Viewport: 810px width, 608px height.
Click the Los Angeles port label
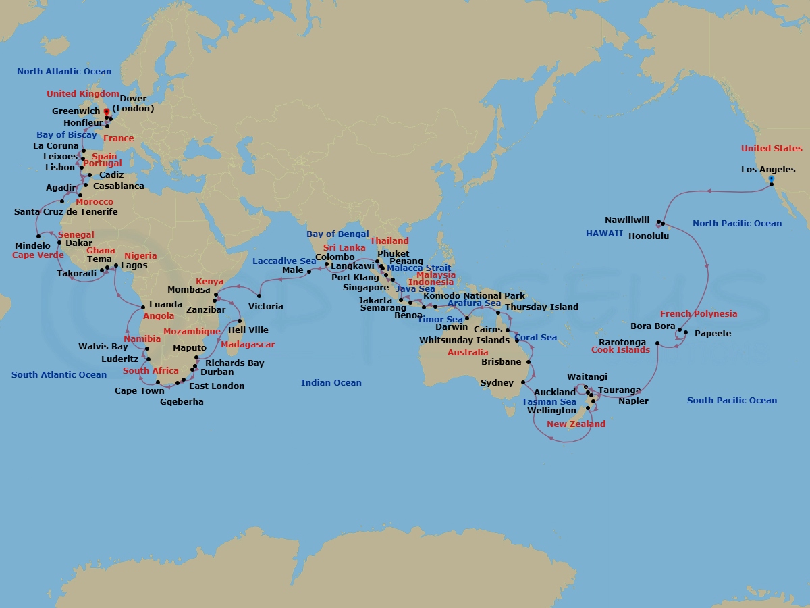[767, 170]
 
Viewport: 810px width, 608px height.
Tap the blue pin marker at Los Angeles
[772, 179]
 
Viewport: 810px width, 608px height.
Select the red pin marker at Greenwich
[106, 111]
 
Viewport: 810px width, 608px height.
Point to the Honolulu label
[652, 236]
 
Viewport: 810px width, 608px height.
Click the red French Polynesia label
[699, 314]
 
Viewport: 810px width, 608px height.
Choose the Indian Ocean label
[331, 383]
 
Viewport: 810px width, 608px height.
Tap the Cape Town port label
[139, 391]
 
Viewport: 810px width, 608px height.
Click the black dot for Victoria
[260, 296]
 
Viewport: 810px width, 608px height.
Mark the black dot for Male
[309, 272]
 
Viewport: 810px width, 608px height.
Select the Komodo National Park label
[473, 296]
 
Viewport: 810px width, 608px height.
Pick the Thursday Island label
[541, 307]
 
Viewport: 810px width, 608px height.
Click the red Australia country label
[468, 353]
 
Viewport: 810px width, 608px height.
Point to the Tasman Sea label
[549, 402]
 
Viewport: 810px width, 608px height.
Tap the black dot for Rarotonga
[657, 343]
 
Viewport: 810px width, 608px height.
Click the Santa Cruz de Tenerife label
[66, 212]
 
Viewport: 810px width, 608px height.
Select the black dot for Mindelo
[38, 236]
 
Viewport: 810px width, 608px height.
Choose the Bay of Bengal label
[337, 234]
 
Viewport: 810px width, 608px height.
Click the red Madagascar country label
[248, 345]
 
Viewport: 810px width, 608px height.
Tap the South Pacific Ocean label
[732, 401]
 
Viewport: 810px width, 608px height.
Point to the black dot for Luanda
[143, 307]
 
